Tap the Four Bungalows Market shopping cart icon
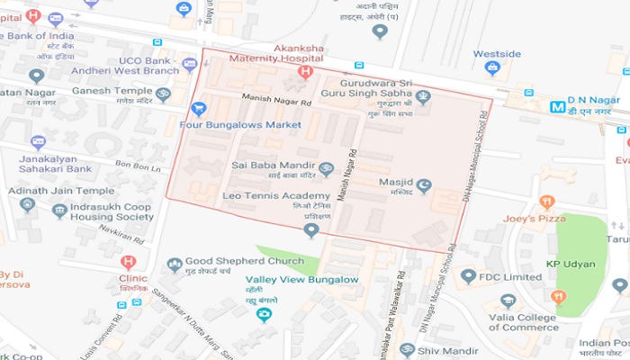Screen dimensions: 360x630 (199, 109)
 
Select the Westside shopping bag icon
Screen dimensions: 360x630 (492, 68)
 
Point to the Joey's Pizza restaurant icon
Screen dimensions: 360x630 (546, 202)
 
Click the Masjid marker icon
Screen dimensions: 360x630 (424, 185)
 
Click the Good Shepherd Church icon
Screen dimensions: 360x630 (175, 265)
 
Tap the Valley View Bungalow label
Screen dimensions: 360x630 (302, 280)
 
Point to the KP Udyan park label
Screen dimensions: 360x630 (572, 264)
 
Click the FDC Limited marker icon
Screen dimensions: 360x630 (468, 276)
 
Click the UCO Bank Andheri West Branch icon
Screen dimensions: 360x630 (189, 65)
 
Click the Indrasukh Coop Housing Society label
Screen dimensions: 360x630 (100, 211)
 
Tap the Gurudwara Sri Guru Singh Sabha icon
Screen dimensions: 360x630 (423, 96)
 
